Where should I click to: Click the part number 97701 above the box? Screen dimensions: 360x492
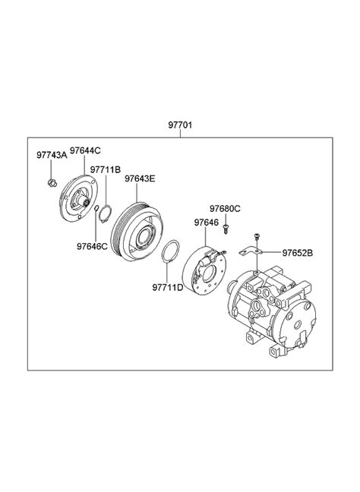(180, 125)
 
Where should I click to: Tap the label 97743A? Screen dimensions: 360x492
(52, 156)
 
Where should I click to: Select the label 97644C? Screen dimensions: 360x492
(85, 150)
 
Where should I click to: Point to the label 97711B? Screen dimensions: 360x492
(106, 170)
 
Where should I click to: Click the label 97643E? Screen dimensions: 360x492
(140, 178)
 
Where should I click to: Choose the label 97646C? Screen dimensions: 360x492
(92, 246)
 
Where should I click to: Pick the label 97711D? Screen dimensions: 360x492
(168, 288)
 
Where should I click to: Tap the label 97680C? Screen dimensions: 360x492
(225, 208)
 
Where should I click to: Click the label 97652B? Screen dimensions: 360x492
(297, 253)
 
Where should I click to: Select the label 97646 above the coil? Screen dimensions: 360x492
(207, 222)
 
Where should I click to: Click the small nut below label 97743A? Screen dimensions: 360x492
(52, 182)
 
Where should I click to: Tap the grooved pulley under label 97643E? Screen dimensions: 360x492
(137, 232)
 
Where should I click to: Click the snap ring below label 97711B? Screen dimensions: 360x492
(105, 213)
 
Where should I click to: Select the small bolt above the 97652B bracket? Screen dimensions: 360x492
(257, 236)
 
